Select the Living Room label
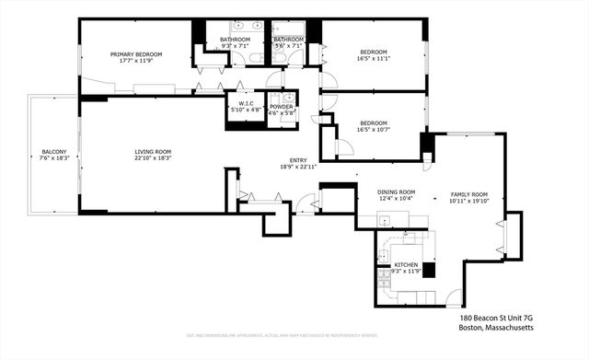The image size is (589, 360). (x=153, y=151)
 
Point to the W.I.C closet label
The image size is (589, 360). (x=245, y=104)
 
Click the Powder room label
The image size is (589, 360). (x=281, y=107)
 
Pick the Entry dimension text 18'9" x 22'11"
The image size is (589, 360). (x=298, y=167)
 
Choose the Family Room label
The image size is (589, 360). (x=468, y=195)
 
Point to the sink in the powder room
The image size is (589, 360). (x=288, y=97)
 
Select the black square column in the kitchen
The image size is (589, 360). (x=428, y=271)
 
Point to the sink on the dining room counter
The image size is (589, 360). (x=387, y=220)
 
